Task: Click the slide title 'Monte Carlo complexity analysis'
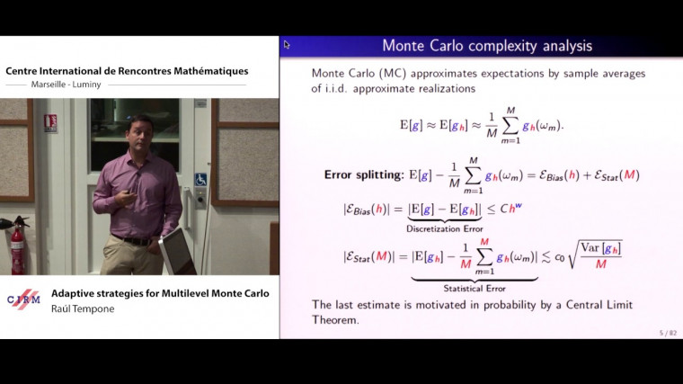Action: click(487, 46)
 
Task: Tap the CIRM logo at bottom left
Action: click(23, 300)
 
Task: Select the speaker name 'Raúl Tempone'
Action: click(82, 308)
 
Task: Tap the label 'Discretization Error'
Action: click(446, 230)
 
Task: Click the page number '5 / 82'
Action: click(666, 333)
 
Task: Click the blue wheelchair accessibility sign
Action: click(201, 180)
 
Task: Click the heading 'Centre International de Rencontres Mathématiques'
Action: click(127, 71)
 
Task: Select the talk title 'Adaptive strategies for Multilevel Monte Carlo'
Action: click(160, 293)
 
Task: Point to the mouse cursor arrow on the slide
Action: click(286, 43)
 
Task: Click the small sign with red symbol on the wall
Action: click(50, 123)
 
